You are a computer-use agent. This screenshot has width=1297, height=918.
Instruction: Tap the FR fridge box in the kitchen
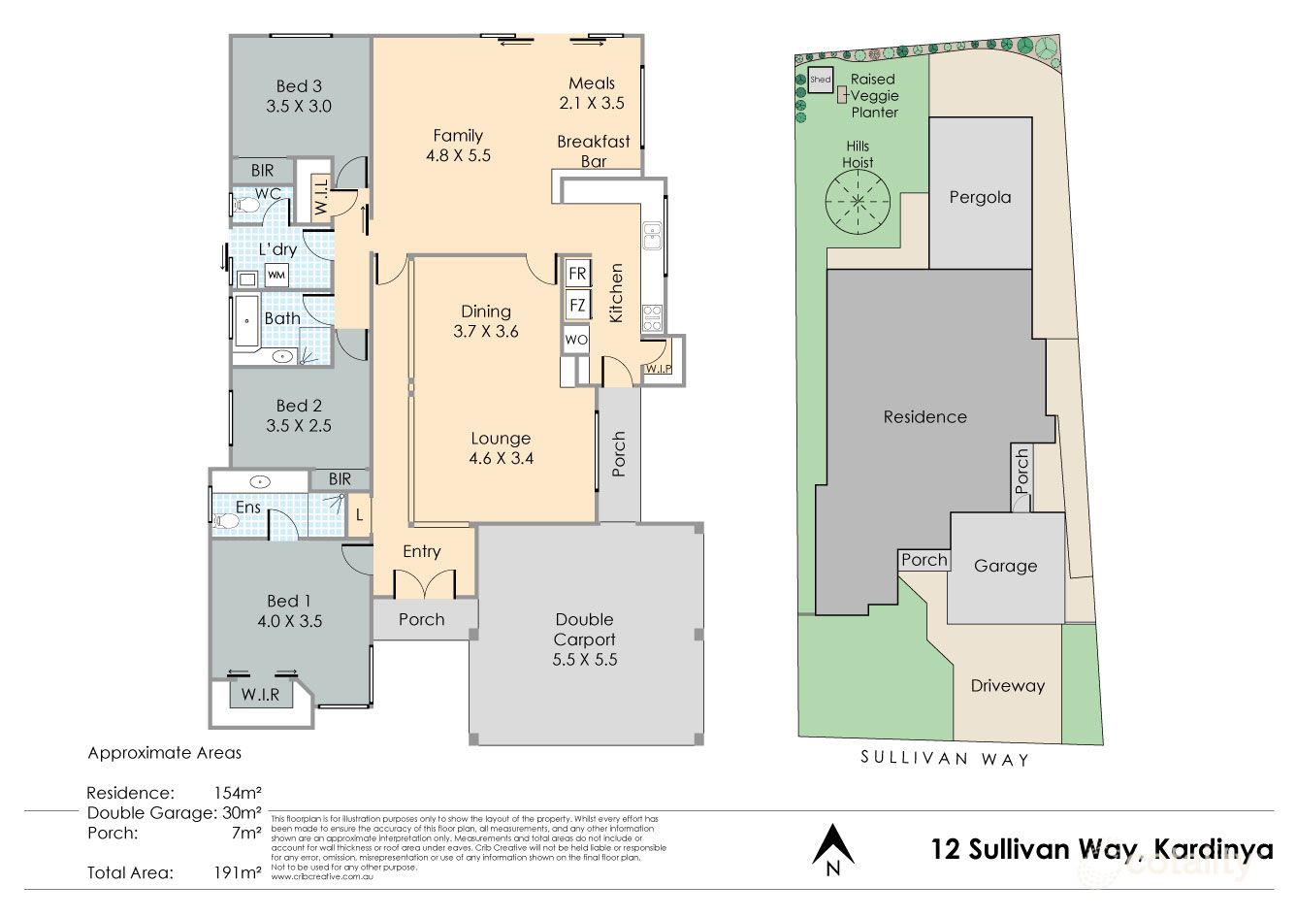[x=577, y=274]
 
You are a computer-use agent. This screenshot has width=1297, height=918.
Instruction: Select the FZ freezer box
[x=577, y=306]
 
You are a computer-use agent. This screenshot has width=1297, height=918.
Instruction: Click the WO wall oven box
[x=576, y=340]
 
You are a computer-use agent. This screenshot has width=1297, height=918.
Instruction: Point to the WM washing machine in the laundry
[x=276, y=276]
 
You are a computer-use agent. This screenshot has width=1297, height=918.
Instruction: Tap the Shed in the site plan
[x=821, y=81]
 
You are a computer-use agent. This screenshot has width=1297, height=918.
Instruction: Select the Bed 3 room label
[x=299, y=96]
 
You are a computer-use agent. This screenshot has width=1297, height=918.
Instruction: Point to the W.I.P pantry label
[x=660, y=369]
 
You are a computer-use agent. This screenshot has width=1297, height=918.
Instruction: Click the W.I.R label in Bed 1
[x=260, y=695]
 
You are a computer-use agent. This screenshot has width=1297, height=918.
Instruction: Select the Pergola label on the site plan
[x=980, y=197]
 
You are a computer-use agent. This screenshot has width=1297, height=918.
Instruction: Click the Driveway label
[x=1007, y=685]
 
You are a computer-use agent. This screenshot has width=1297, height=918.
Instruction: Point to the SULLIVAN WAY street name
[x=944, y=759]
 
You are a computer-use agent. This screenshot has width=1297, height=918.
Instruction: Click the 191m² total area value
[x=237, y=871]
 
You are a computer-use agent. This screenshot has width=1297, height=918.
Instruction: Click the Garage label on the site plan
[x=1005, y=566]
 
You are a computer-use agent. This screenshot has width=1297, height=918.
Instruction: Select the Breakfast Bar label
[x=593, y=151]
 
